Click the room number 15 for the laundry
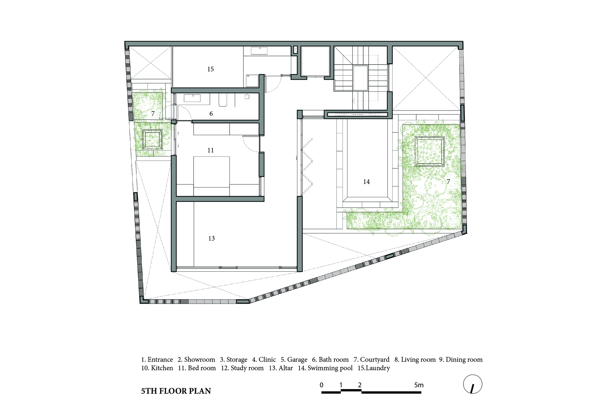click(211, 69)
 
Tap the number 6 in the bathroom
click(211, 113)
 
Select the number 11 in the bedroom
click(211, 150)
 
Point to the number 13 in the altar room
click(211, 238)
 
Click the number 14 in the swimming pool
click(366, 182)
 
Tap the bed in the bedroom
click(211, 176)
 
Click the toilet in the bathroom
click(223, 100)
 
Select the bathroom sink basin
click(192, 98)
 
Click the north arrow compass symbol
click(473, 384)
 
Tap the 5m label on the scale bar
click(419, 385)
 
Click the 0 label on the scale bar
click(321, 385)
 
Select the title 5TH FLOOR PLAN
click(176, 391)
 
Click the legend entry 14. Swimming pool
click(325, 368)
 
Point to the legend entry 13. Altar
click(280, 368)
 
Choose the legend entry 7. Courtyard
click(372, 360)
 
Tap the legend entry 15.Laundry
click(374, 368)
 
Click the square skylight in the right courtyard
click(429, 151)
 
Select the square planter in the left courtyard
click(152, 139)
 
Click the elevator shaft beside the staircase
click(315, 61)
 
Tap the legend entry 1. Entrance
click(157, 360)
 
